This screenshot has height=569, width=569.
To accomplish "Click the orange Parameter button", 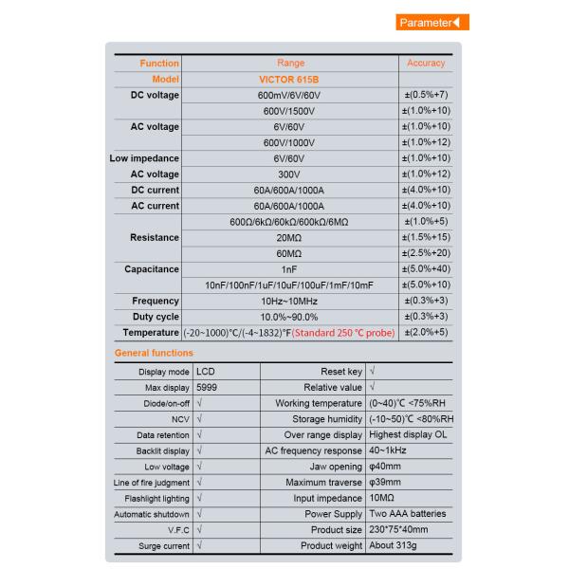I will coord(431,23).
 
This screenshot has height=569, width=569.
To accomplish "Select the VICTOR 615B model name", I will coord(289,79).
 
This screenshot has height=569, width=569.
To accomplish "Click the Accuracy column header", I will coord(426,64).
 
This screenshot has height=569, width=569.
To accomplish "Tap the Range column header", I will coord(289,64).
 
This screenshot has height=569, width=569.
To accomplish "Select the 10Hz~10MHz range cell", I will coord(289,301).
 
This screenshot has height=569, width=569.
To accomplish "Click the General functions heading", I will coord(154,353).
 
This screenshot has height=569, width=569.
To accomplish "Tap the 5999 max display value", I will coord(209,388).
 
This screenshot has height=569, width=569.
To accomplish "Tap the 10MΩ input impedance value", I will coord(383,498).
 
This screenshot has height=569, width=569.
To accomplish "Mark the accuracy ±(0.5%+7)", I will coord(426,95).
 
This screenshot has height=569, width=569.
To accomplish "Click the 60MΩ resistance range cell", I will coord(289,253).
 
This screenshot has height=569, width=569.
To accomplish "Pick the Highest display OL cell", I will coord(409,435).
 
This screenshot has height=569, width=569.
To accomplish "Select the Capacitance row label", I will coord(152,269).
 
